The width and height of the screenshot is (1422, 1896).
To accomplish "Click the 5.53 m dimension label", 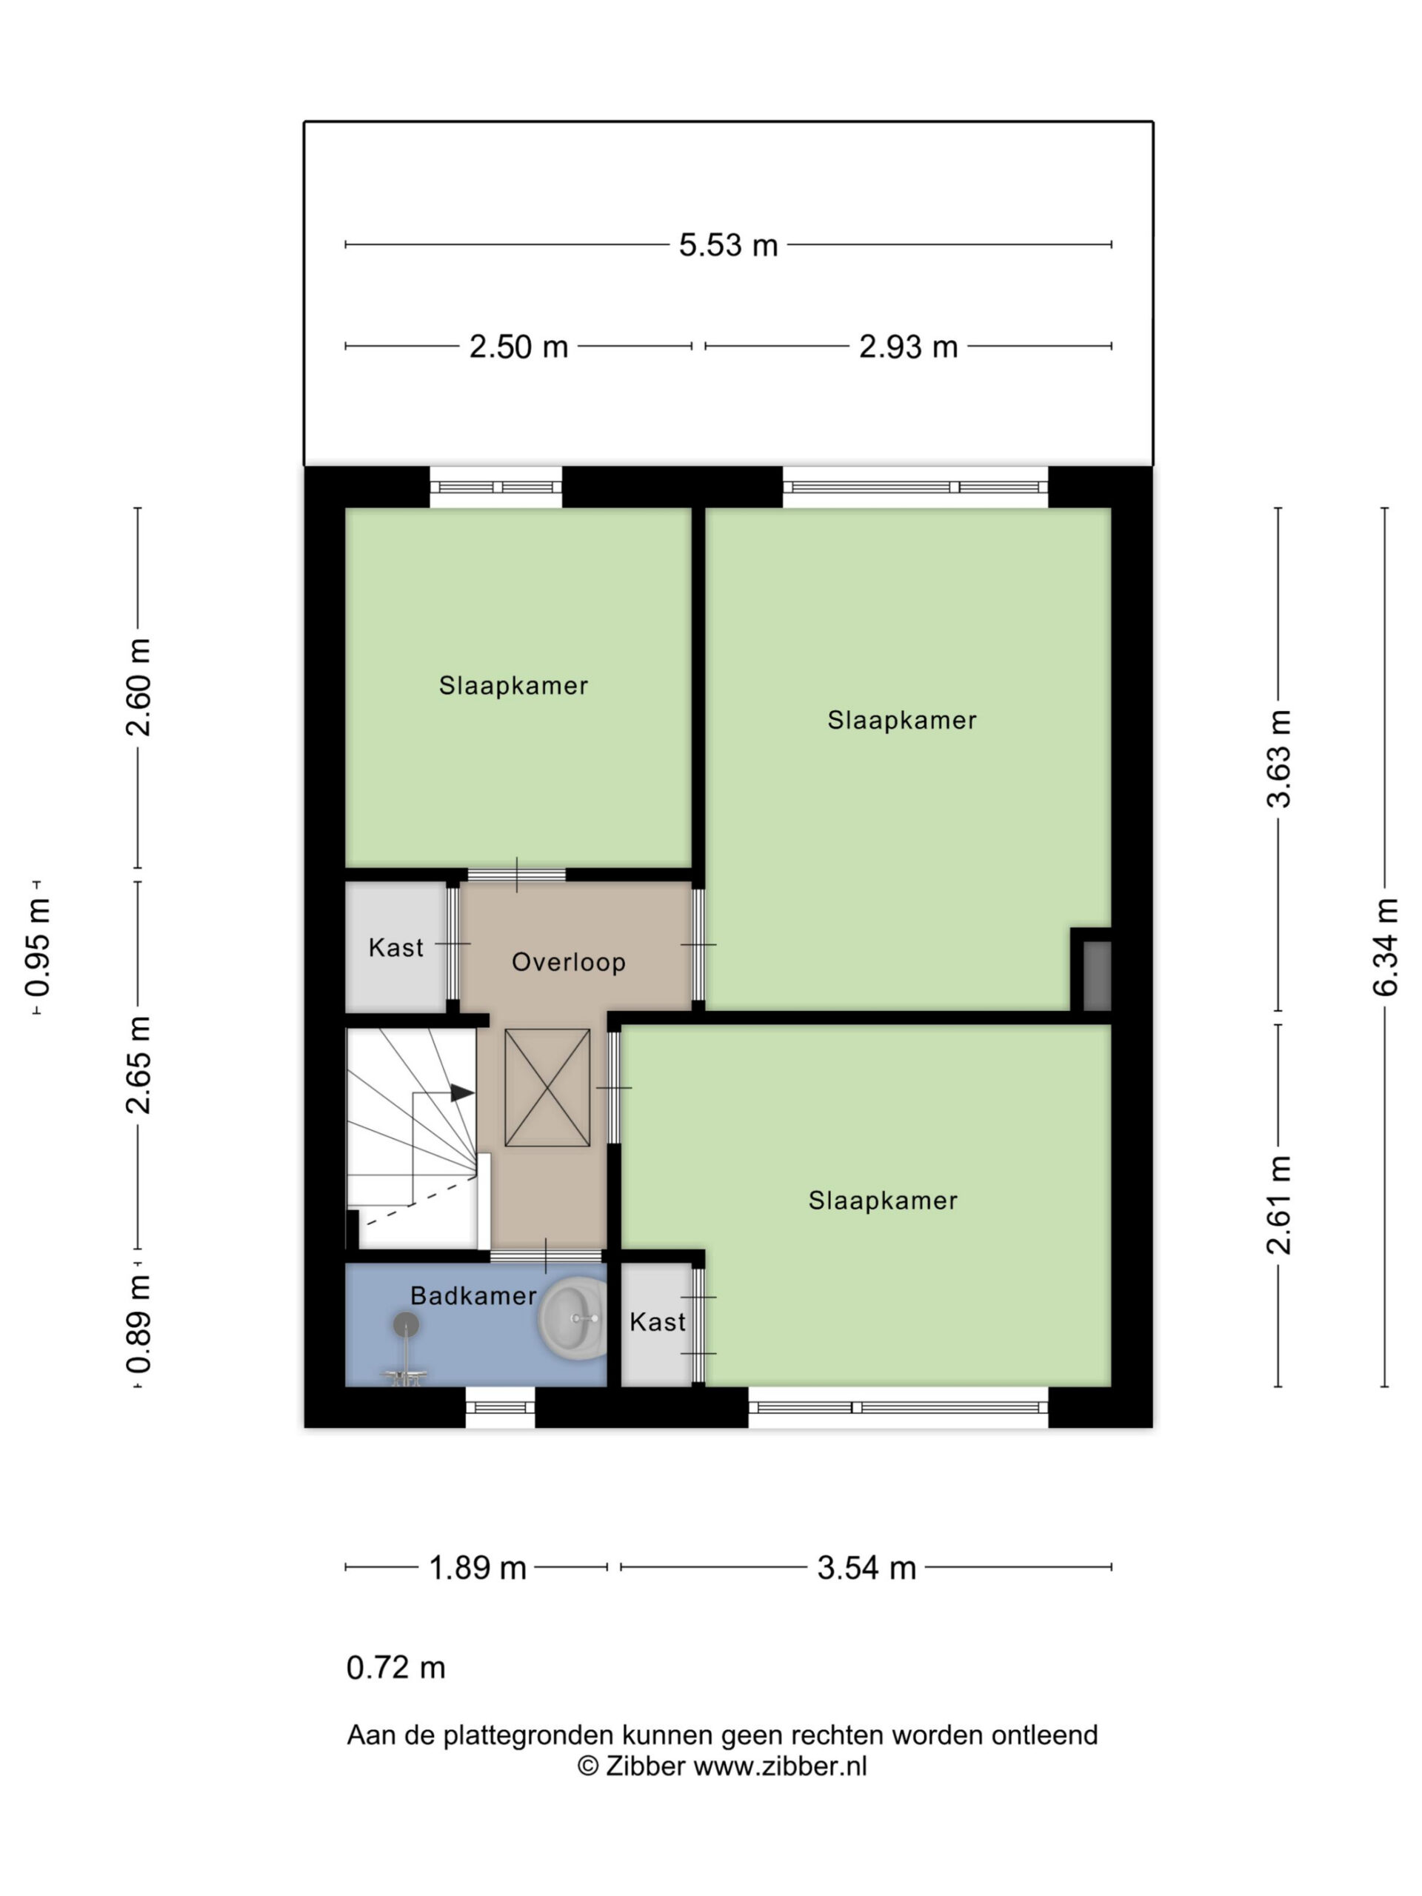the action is click(728, 245).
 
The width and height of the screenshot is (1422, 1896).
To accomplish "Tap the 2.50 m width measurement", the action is click(518, 347).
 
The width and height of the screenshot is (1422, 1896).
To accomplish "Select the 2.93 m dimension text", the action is click(908, 347).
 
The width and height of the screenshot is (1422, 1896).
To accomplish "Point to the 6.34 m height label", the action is click(1385, 947).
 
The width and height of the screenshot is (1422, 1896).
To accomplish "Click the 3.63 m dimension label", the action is click(1279, 758).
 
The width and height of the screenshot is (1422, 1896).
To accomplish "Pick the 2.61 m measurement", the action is click(1279, 1205).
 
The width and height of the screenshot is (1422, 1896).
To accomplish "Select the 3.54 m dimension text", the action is click(867, 1568).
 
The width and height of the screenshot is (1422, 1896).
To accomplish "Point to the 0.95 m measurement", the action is click(38, 948).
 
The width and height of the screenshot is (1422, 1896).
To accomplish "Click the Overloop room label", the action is click(568, 962).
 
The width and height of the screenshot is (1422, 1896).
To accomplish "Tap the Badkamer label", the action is click(473, 1295).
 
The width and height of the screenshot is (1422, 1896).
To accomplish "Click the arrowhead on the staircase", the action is click(462, 1093).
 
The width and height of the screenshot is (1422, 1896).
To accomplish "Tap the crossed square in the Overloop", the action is click(547, 1088).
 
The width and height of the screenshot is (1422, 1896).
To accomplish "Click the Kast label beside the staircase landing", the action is click(395, 948).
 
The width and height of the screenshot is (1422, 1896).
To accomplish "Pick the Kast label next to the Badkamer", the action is click(657, 1322).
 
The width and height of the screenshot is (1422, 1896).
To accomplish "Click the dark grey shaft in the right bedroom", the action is click(1097, 975).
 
